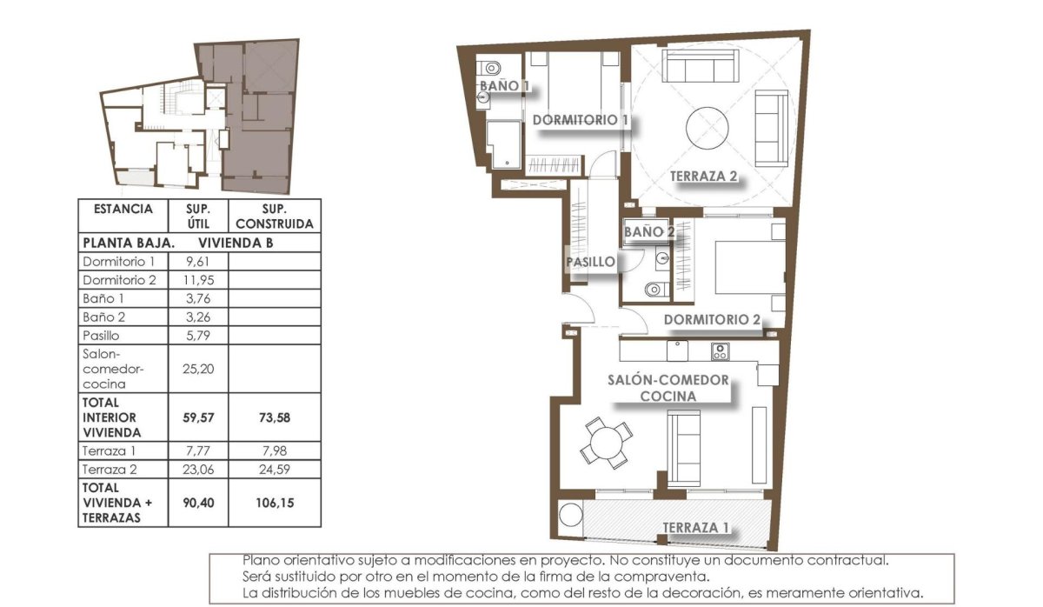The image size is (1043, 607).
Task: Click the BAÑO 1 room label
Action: [x=505, y=86]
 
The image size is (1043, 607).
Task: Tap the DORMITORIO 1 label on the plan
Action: [x=581, y=119]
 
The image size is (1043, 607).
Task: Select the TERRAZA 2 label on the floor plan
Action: [x=703, y=177]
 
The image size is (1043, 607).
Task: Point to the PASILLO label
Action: [x=591, y=261]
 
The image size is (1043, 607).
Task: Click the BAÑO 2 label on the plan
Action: [x=649, y=231]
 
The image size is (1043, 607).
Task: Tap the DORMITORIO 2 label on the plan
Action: [x=712, y=319]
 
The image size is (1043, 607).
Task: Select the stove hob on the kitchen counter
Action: [x=720, y=351]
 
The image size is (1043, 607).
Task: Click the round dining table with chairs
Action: [x=605, y=442]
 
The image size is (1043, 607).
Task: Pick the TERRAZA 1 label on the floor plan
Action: [x=696, y=527]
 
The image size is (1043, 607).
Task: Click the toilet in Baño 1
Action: [x=490, y=67]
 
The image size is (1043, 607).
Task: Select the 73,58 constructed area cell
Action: [x=274, y=417]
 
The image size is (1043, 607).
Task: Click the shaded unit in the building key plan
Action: [x=256, y=122]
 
